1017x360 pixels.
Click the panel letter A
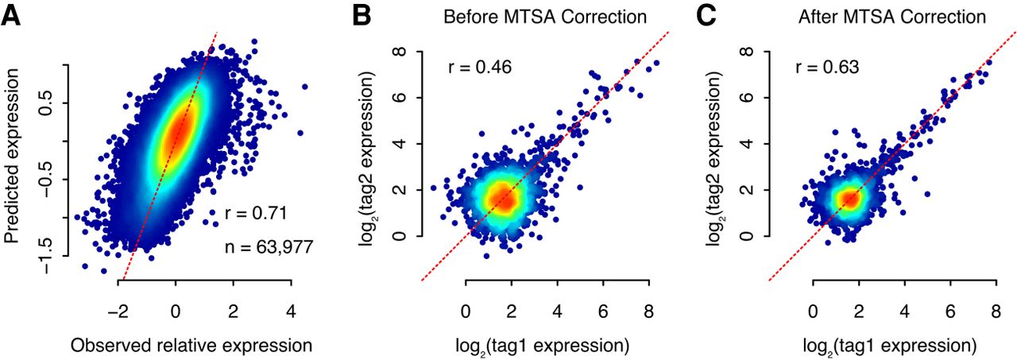tap(14, 15)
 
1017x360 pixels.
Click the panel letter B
tap(362, 15)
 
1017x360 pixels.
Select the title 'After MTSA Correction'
tap(892, 17)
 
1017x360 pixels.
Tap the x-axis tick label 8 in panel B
tap(649, 310)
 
